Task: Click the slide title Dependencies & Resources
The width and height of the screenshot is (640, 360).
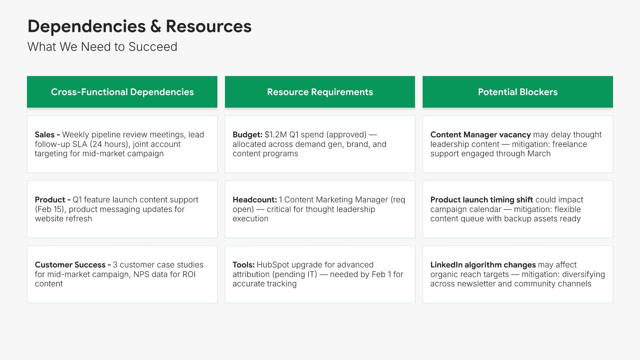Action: point(139,26)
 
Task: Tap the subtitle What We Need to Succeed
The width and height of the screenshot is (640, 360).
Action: point(102,47)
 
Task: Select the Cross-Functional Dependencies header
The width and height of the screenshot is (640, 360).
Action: point(122,92)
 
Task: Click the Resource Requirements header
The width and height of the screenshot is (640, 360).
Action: point(320,92)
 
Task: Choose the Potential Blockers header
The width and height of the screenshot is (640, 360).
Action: point(518,92)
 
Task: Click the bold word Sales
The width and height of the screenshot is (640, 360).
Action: point(45,135)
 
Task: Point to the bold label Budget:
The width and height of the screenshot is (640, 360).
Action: point(248,135)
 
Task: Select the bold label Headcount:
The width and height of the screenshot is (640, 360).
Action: point(255,200)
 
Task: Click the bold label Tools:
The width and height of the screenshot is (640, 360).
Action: point(244,265)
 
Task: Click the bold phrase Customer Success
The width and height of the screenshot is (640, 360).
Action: point(70,265)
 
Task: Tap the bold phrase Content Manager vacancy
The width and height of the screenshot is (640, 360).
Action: point(481,135)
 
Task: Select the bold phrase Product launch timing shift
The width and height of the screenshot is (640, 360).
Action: point(482,200)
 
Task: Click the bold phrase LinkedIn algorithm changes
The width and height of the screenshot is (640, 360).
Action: point(483,265)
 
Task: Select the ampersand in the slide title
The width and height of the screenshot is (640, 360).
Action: point(156,26)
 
